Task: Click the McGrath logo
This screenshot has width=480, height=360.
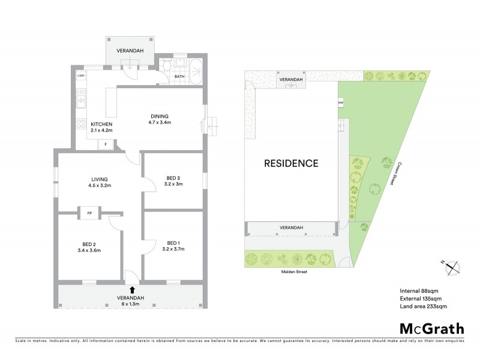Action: click(x=431, y=328)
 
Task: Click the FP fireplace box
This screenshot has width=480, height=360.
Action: click(x=89, y=212)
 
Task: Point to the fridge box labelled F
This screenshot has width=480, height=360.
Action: click(x=106, y=144)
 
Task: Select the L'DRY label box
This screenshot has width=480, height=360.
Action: click(x=82, y=76)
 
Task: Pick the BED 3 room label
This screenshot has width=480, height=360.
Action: click(x=174, y=180)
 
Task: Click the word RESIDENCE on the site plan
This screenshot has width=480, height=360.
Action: click(x=292, y=163)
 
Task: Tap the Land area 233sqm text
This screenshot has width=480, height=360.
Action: click(x=423, y=306)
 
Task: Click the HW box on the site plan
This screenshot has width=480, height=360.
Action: click(x=341, y=103)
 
